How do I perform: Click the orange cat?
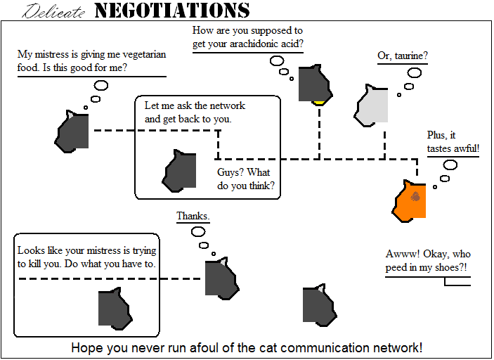pos(409,202)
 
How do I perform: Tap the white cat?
pos(372,106)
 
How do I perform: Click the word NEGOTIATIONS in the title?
pos(171,11)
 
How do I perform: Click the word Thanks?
pos(193,216)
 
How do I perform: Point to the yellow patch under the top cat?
pos(319,103)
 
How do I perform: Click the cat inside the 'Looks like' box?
pos(114,308)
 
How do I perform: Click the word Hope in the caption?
pos(85,348)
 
